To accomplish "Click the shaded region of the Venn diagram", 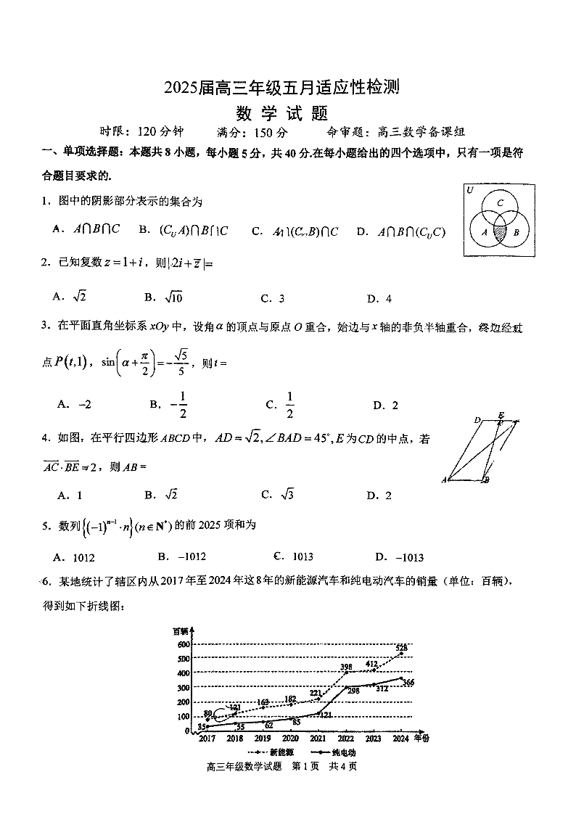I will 500,232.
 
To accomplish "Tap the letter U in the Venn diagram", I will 470,190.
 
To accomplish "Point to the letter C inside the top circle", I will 500,203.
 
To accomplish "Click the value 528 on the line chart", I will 401,646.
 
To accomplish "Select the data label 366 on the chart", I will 408,682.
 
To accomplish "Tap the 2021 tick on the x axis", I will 318,739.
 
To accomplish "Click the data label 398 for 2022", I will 346,667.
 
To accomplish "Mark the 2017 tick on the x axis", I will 207,739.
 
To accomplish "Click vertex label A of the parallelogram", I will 443,480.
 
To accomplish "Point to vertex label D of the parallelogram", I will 477,420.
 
